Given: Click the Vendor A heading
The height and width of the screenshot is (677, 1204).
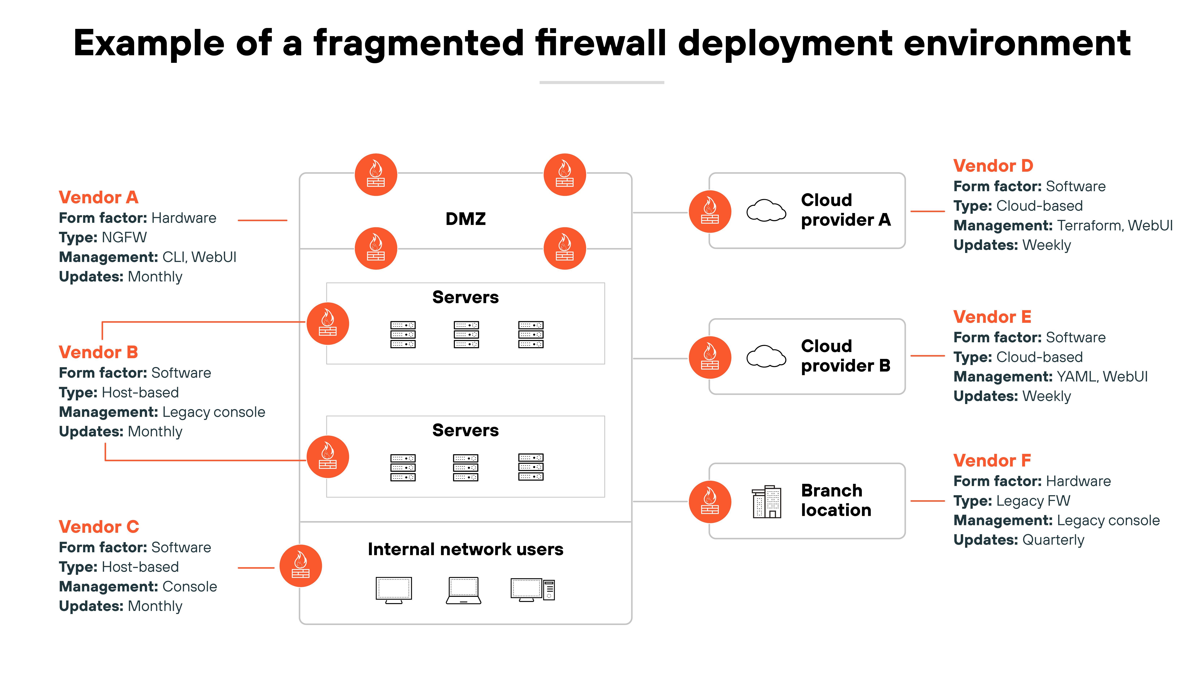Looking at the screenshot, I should pos(99,198).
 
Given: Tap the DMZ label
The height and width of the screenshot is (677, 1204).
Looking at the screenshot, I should pos(466,219).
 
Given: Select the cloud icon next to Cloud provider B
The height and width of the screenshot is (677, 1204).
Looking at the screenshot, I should pos(766,357).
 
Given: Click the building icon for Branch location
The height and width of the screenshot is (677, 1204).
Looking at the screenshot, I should pos(767,501).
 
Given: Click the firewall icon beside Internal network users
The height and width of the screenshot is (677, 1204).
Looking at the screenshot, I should pos(301,566).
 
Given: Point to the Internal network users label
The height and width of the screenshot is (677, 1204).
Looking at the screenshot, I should pos(466,549).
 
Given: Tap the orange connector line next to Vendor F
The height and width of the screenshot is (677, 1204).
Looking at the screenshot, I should pos(928,501).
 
